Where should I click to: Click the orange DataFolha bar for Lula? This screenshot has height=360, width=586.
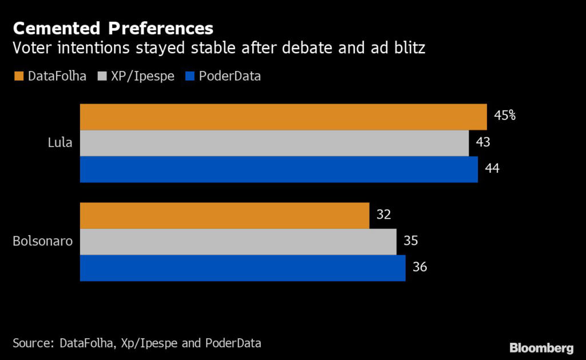pos(283,117)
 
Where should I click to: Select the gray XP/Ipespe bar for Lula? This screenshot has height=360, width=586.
pos(274,143)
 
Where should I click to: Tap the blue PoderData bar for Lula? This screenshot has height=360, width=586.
pos(279,169)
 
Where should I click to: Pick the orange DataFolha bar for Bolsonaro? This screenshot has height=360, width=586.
pos(224,215)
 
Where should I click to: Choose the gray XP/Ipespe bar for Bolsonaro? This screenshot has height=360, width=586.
pos(238,242)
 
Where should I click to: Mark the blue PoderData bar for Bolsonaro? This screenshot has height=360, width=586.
pos(243,268)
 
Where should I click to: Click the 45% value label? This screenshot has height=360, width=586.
pos(505,116)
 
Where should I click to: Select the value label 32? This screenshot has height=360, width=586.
pos(384,215)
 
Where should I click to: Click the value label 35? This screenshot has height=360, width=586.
pos(411,241)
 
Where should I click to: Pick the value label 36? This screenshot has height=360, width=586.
pos(420,267)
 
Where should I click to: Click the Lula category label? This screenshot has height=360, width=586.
pos(60,143)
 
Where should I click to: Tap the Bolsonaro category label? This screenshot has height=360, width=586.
pos(43,241)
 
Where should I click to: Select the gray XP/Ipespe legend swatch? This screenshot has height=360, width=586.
pos(103,76)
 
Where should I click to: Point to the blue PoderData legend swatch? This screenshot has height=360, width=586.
pos(189,76)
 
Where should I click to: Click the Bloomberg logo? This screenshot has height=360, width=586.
pos(541,348)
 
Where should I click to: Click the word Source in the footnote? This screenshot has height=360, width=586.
pos(31,343)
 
